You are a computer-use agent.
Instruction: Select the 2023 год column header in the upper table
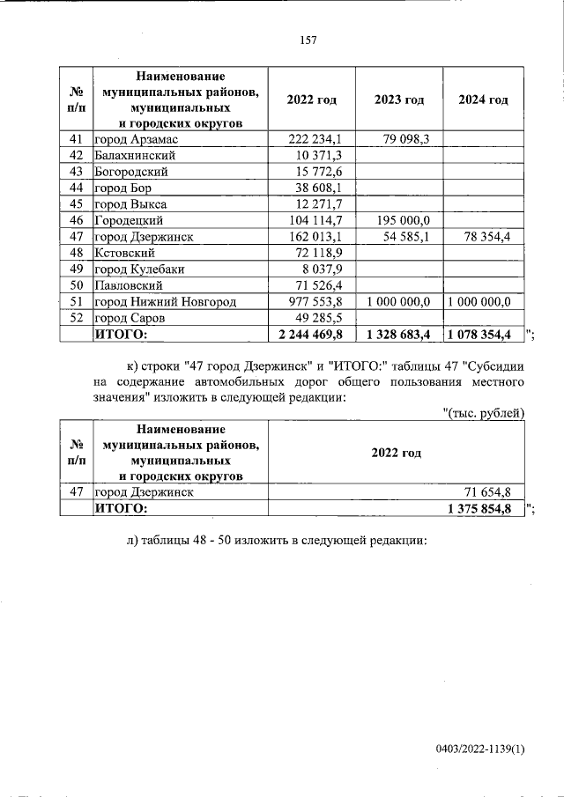[x=398, y=100]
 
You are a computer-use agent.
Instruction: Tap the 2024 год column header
[x=483, y=100]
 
